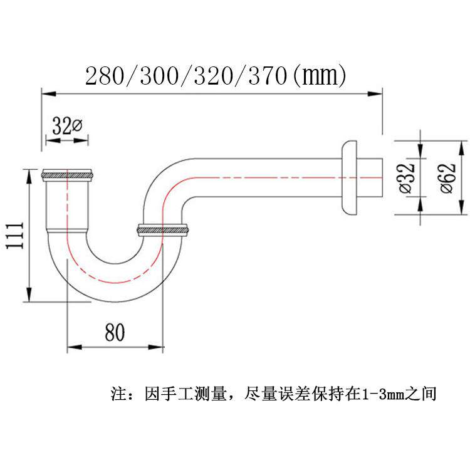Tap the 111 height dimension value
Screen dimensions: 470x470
tap(16, 235)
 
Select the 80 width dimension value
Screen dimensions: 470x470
tap(115, 332)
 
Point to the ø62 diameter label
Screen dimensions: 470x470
tap(446, 179)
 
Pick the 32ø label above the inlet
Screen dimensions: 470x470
tap(66, 127)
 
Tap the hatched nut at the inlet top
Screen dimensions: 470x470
tap(67, 174)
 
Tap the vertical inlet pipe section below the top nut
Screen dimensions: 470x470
tap(66, 207)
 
